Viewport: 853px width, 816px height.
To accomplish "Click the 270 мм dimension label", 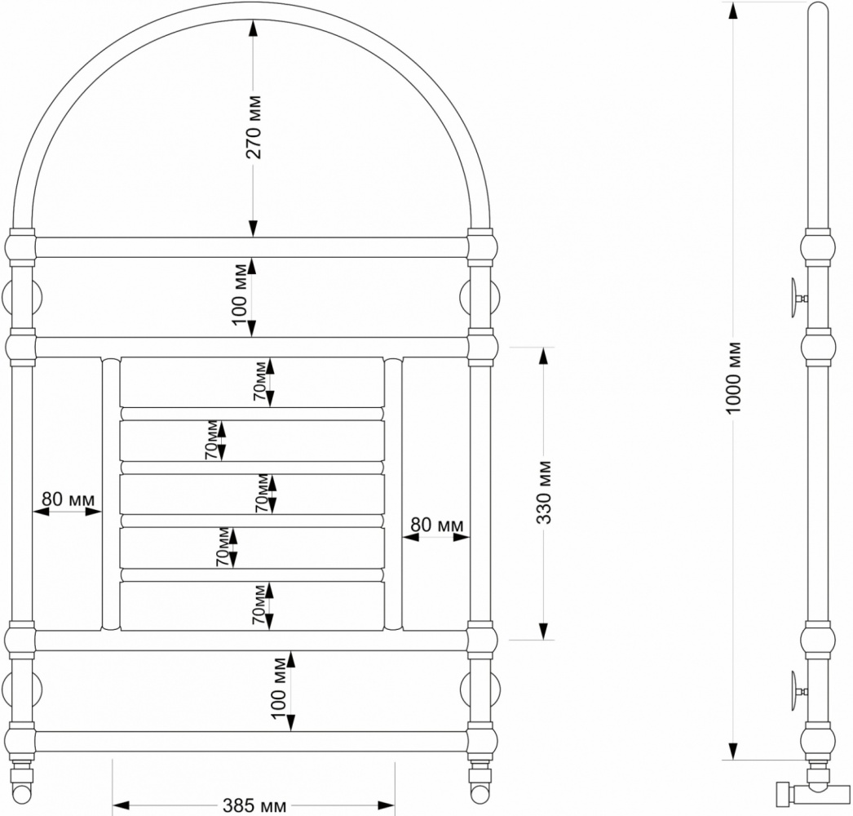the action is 254,126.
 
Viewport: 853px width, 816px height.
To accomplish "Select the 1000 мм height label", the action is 734,377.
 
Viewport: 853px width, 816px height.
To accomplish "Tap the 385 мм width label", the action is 254,805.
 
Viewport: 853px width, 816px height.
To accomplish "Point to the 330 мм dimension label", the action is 544,492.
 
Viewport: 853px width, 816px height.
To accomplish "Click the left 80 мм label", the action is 68,499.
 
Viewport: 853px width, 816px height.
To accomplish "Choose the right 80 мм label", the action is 437,525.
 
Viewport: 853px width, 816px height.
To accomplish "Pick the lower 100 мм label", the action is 279,688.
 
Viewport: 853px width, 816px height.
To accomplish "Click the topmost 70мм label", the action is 260,381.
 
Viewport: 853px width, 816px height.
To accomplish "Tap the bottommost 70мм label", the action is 259,604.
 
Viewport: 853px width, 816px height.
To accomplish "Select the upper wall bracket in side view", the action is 798,299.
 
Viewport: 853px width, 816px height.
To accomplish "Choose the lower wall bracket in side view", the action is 798,691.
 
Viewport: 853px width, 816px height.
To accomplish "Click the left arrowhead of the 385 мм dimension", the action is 121,805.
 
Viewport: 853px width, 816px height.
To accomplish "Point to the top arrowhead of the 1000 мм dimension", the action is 734,11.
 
